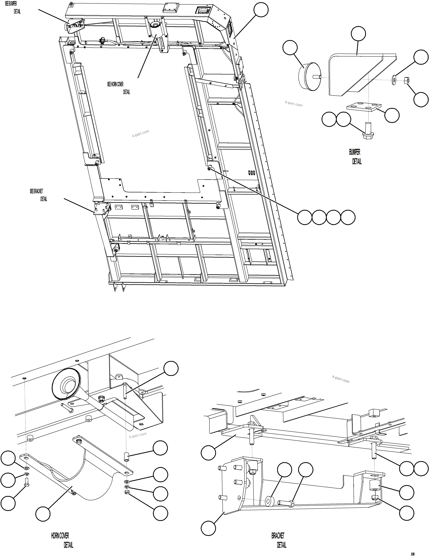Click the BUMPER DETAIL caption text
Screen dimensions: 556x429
(355, 157)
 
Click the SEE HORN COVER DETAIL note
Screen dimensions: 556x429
(118, 88)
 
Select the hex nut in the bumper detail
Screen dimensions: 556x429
(407, 81)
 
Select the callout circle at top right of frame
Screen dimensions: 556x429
(261, 10)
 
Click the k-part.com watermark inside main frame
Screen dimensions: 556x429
(141, 133)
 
